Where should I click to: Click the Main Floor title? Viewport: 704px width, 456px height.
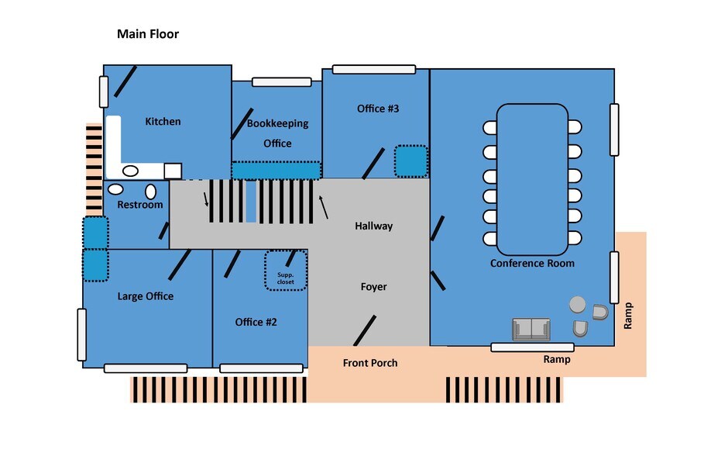(148, 34)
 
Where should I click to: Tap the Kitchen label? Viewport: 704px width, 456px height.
(163, 122)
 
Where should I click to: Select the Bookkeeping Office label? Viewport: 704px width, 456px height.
(277, 133)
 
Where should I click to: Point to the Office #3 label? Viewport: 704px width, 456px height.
(378, 109)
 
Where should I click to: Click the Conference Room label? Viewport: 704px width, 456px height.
(532, 264)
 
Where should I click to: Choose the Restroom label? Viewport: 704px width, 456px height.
(140, 205)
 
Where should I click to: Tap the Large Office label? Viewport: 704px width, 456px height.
(146, 296)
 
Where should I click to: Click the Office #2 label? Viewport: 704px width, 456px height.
(256, 322)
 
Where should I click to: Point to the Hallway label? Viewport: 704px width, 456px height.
(373, 226)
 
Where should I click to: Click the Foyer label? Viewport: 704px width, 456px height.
(373, 287)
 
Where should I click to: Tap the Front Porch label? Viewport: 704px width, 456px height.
(370, 363)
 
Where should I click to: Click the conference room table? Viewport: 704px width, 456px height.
(532, 180)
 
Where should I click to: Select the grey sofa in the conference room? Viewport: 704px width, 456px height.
(531, 330)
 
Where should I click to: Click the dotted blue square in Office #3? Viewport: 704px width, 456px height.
(410, 161)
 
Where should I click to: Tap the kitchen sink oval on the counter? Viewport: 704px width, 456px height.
(131, 171)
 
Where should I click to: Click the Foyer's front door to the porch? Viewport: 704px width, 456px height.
(365, 330)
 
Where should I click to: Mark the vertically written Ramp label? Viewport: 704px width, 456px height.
(629, 316)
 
